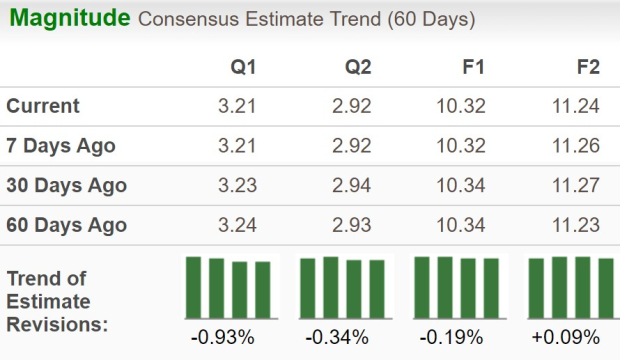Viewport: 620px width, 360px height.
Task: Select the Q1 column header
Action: click(x=242, y=67)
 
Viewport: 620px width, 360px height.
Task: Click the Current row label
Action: click(x=43, y=106)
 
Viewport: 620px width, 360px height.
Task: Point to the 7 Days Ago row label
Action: click(x=61, y=146)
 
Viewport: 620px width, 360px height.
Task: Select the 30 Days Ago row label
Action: click(x=66, y=185)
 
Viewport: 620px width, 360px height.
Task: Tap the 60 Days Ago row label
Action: click(x=66, y=225)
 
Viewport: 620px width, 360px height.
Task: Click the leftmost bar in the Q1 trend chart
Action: click(x=193, y=286)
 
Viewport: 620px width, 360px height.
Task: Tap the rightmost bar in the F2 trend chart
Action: click(x=606, y=287)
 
